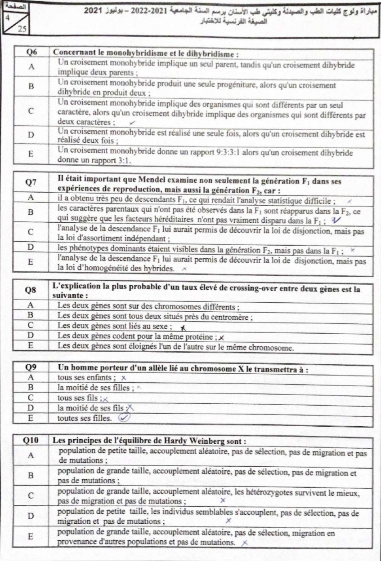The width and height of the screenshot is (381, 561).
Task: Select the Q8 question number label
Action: tap(31, 290)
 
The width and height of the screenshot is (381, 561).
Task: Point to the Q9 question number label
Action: tap(31, 369)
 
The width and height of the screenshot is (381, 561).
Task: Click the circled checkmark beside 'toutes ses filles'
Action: tap(124, 418)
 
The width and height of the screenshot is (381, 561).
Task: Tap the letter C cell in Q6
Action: tap(31, 112)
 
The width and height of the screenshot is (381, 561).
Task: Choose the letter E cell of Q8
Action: tap(31, 347)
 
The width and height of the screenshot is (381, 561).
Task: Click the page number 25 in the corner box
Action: tap(21, 29)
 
